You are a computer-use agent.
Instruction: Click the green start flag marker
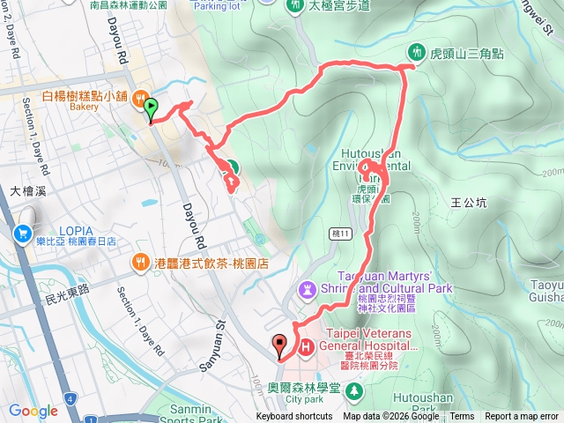point(151,109)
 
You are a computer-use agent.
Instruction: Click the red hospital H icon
point(306,347)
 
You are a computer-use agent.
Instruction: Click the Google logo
point(33,411)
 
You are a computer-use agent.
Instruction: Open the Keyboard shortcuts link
point(294,417)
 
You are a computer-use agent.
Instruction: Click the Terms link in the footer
point(462,417)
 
